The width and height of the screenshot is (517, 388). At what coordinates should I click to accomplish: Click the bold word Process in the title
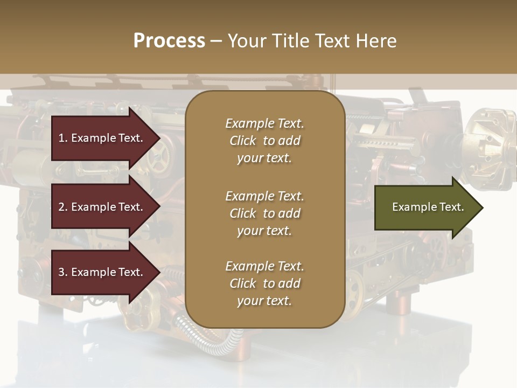tap(169, 41)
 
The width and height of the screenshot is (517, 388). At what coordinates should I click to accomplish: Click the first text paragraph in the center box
tap(264, 141)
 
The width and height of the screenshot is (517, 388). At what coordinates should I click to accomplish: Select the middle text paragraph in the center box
tap(264, 213)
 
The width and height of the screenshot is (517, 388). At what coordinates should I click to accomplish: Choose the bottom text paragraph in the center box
tap(264, 283)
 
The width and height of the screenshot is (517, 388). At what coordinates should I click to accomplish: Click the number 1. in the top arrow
tap(63, 138)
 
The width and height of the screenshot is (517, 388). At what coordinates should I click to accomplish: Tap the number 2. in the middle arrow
tap(63, 207)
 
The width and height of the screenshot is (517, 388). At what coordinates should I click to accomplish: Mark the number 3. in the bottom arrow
tap(63, 272)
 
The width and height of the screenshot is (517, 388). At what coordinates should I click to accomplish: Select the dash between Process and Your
tap(216, 41)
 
